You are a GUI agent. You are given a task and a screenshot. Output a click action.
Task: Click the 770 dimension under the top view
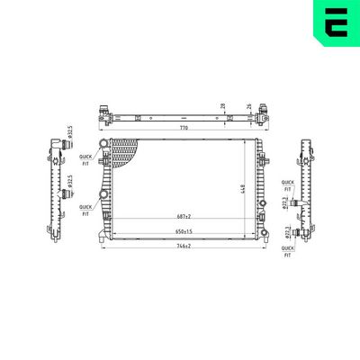184,129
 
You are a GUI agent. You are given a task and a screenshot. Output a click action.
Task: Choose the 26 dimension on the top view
248,106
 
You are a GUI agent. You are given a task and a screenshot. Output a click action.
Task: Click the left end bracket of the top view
104,114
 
